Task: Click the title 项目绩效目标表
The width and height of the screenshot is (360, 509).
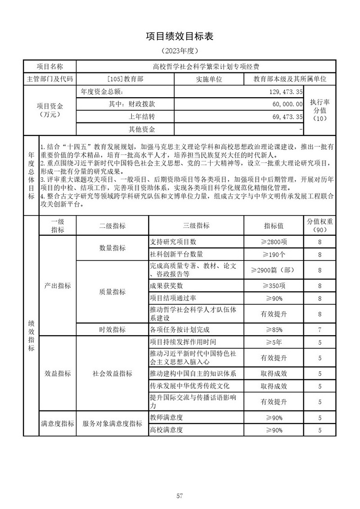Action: click(x=180, y=37)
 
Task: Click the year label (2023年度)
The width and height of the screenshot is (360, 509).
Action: click(x=180, y=51)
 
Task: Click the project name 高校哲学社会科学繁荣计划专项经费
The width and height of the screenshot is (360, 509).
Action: click(x=206, y=67)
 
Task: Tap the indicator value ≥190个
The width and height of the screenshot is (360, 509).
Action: click(x=274, y=254)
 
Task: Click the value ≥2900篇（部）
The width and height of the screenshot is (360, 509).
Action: click(x=274, y=270)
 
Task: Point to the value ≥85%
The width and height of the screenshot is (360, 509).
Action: click(x=274, y=329)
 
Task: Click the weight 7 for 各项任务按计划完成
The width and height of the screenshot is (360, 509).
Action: click(x=319, y=329)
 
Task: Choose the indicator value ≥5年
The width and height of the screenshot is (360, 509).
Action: click(x=274, y=342)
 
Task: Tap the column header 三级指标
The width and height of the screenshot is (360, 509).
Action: click(x=196, y=225)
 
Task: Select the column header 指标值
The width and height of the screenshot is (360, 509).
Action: click(x=274, y=225)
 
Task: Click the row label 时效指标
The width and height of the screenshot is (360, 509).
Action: click(x=112, y=329)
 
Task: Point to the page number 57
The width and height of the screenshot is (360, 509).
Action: click(x=180, y=483)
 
